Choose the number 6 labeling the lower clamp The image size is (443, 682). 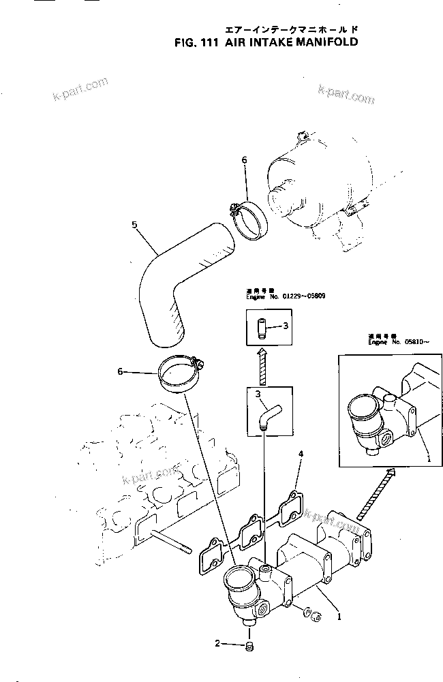pyautogui.click(x=120, y=371)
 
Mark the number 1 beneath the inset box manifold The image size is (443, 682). pyautogui.click(x=428, y=459)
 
